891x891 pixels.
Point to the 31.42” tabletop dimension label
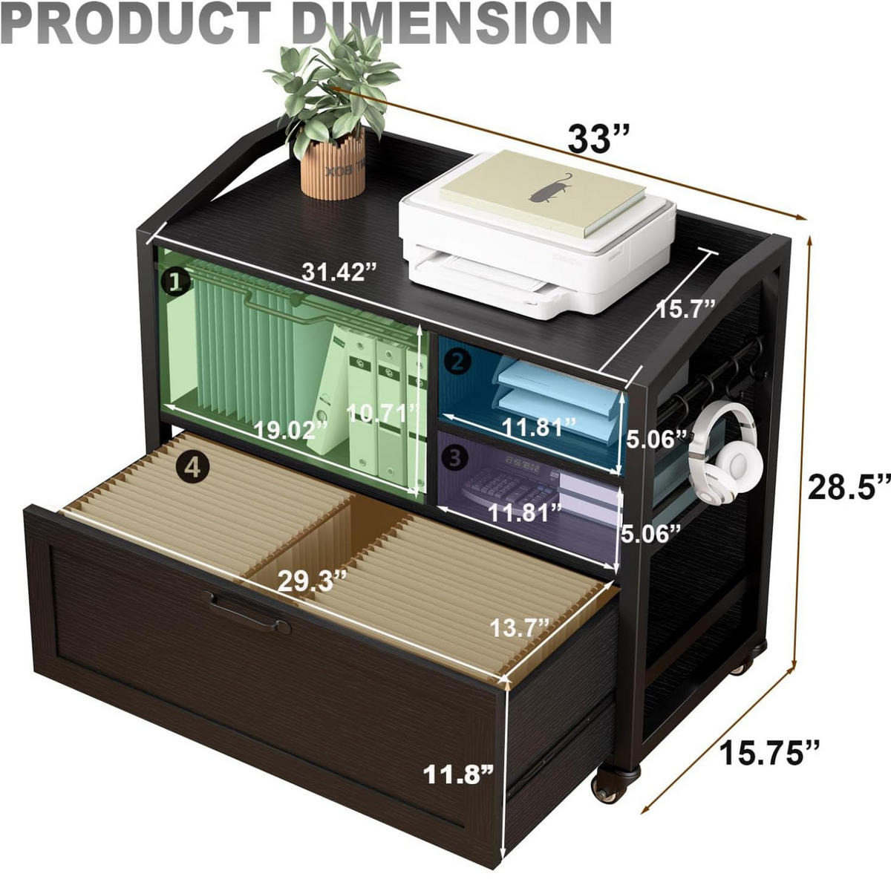pos(340,272)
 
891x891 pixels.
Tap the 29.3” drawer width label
pos(312,581)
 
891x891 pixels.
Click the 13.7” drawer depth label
pos(519,628)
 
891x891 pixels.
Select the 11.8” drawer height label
pos(458,774)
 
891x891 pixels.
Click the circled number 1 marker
pos(174,282)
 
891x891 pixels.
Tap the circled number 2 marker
pos(458,362)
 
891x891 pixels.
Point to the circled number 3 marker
pos(455,458)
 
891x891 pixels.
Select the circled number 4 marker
pos(192,468)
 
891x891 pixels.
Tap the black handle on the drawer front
pos(250,611)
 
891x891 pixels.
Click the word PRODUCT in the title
pos(138,24)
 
